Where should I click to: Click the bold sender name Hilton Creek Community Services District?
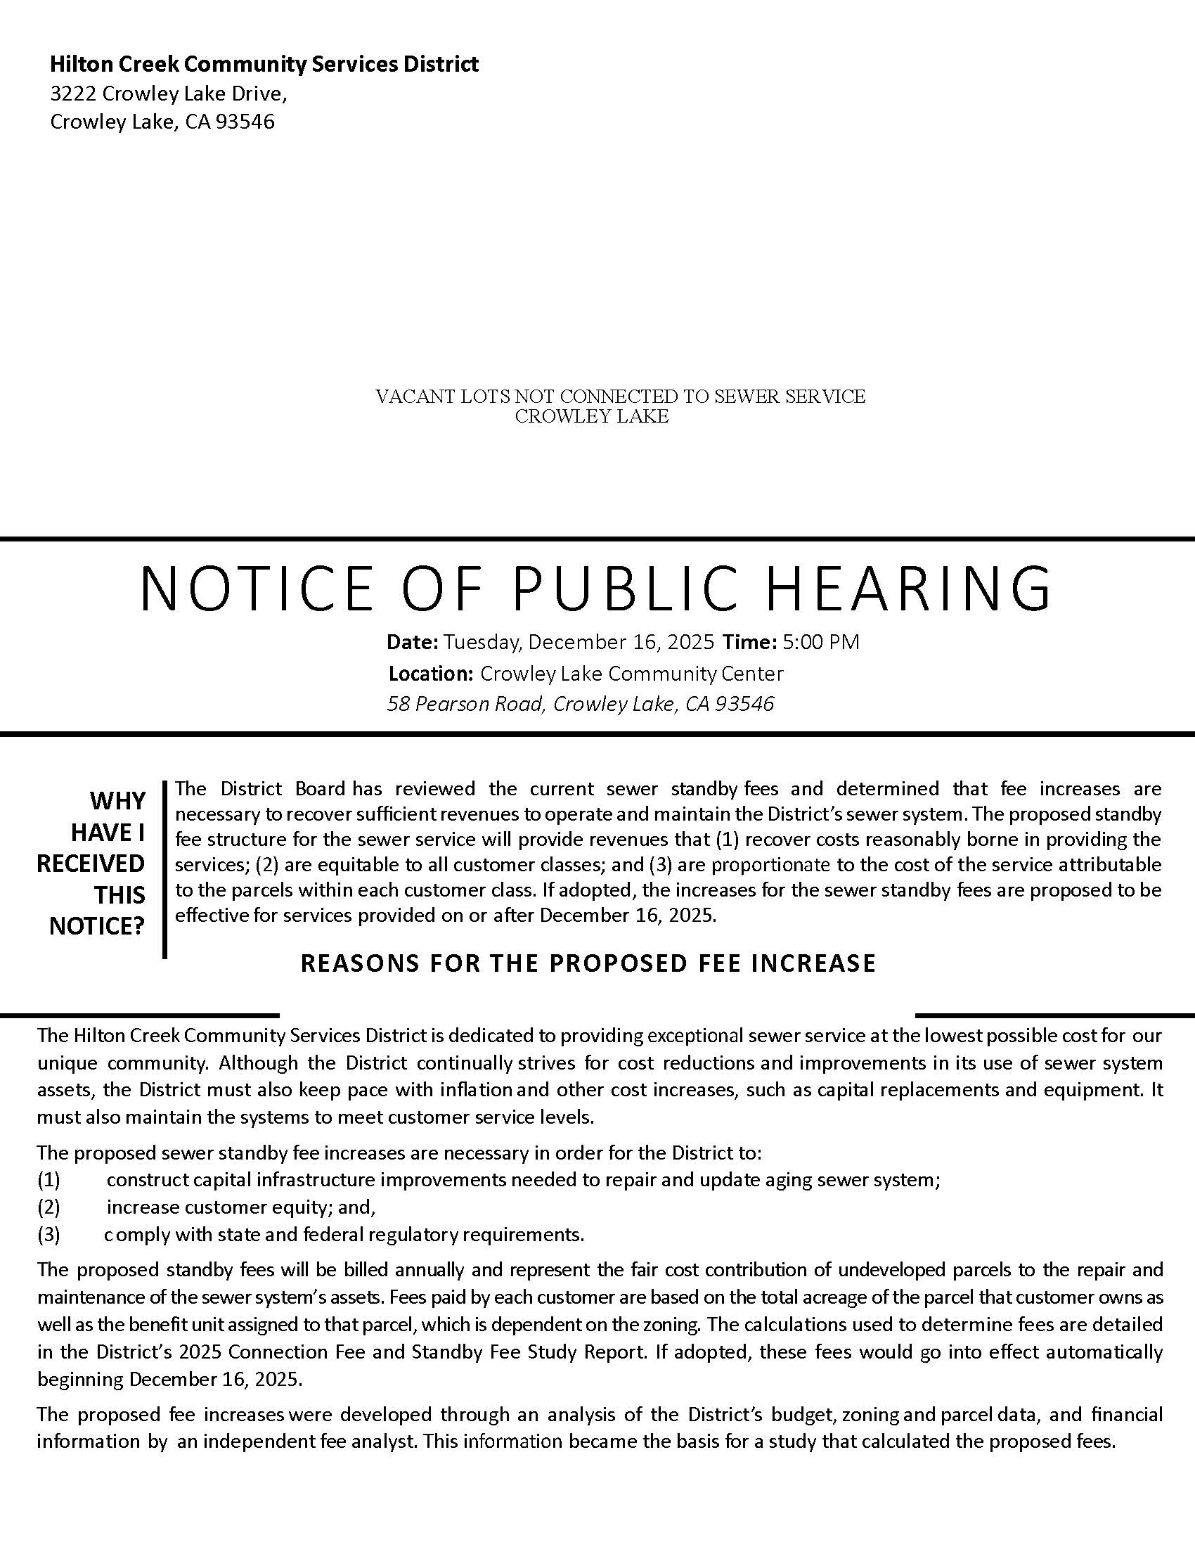264,65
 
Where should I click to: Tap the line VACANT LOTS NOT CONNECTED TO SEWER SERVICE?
620,397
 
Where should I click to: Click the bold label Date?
412,643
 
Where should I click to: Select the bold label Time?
749,643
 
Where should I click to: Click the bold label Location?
430,674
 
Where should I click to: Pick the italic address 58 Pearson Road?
465,704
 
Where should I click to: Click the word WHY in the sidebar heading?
117,801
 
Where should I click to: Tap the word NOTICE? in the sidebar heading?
97,926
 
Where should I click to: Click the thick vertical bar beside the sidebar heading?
164,869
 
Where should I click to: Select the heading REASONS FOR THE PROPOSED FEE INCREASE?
588,963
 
